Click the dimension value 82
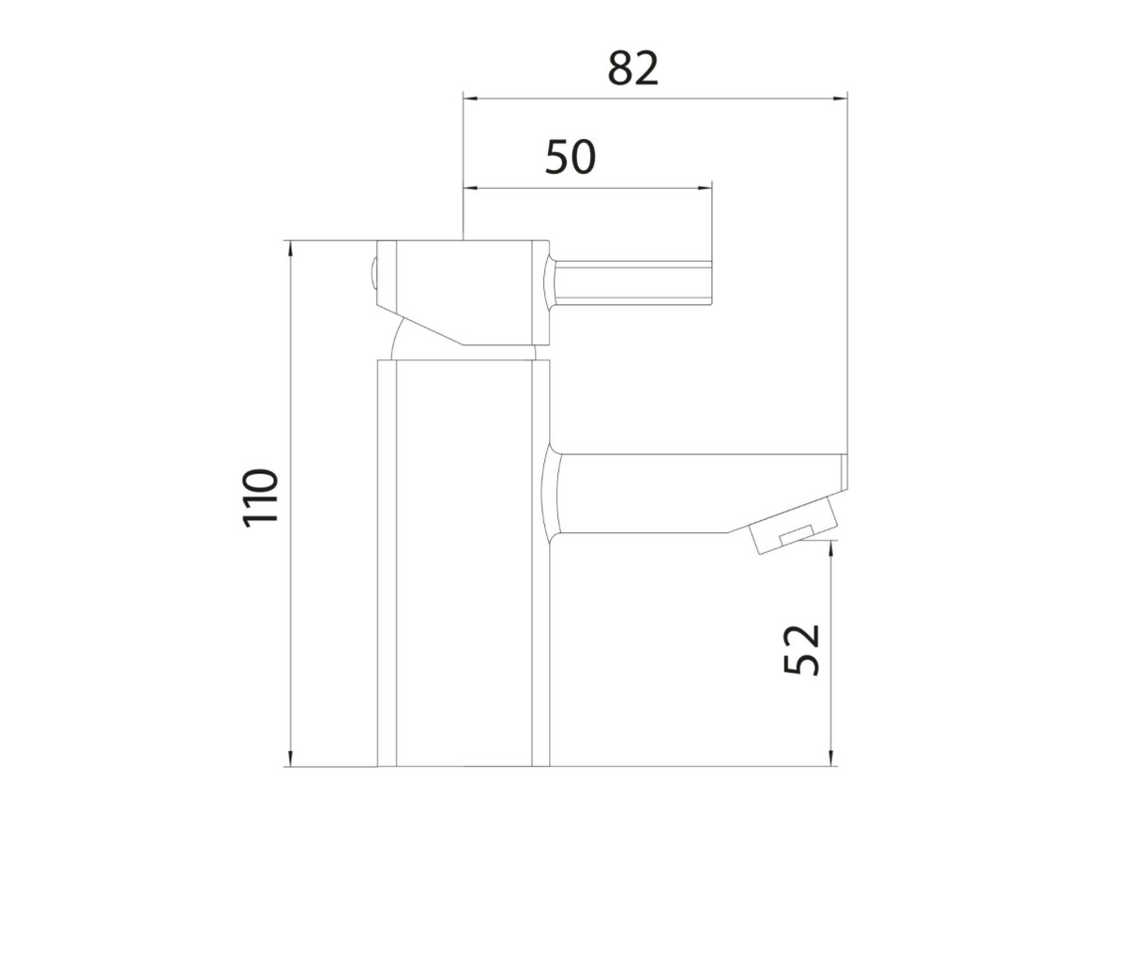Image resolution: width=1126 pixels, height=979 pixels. click(x=633, y=69)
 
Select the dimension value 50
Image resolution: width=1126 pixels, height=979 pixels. click(x=571, y=159)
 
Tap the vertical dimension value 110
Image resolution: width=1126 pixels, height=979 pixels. click(x=262, y=497)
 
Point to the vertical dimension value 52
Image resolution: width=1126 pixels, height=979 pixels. click(x=802, y=649)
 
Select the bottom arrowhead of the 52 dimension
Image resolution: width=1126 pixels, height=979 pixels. click(x=830, y=759)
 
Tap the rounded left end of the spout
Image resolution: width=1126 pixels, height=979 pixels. click(x=554, y=493)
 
